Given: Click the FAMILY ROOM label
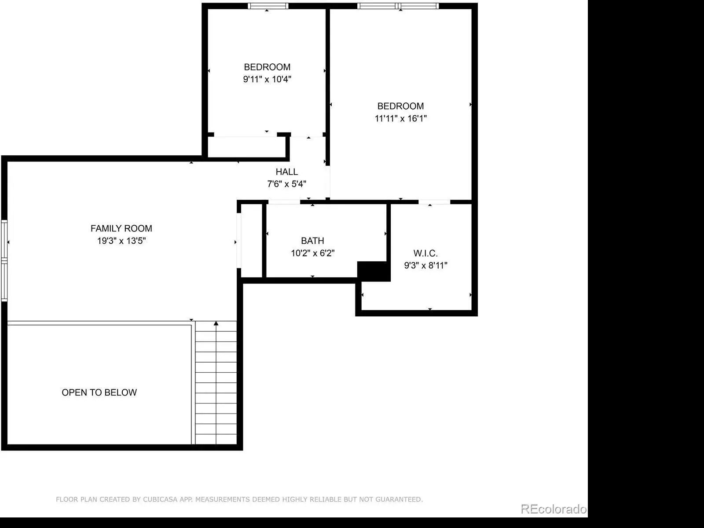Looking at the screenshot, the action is tap(121, 228).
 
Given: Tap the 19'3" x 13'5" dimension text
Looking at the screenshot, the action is tap(121, 241).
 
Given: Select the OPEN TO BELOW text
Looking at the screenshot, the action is tap(99, 392).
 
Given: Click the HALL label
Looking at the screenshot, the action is tap(287, 172).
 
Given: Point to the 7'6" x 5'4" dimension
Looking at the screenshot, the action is tap(287, 184).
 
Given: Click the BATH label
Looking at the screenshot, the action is tap(312, 241).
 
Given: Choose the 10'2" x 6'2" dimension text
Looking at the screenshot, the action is tap(312, 253).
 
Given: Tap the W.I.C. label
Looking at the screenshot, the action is tap(425, 253).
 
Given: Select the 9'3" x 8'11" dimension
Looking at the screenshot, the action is tap(425, 265).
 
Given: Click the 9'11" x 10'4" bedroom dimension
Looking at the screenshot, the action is tap(267, 79).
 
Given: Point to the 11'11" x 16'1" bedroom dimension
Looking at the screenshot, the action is tap(400, 119).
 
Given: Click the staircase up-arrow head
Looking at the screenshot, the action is tap(216, 323).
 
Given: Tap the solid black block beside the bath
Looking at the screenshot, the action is tap(374, 271).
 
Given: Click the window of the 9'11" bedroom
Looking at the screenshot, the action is tap(268, 6).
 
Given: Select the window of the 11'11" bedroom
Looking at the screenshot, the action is tap(398, 6).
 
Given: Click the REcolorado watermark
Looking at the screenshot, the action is tap(554, 509).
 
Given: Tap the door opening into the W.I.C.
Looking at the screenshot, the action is tap(434, 202).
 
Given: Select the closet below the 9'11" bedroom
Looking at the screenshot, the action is tap(247, 147).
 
